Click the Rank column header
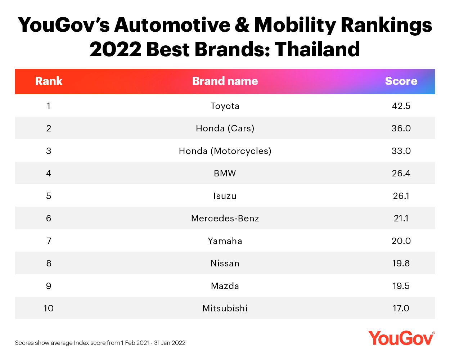(49, 81)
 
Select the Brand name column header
(225, 81)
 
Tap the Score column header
(401, 81)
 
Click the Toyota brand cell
(225, 106)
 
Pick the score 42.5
(401, 106)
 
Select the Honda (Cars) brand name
(225, 128)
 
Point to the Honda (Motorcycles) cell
(225, 151)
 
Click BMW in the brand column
(225, 173)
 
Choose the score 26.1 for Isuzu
(401, 196)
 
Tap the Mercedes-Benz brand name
(225, 218)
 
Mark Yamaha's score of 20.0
(401, 241)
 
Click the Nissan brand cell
(225, 263)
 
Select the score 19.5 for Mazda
(401, 286)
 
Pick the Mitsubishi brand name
(225, 308)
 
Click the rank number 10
(49, 308)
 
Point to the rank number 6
(49, 218)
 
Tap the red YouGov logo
(401, 338)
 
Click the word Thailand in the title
(317, 49)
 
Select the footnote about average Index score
(100, 343)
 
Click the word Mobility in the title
(295, 25)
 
